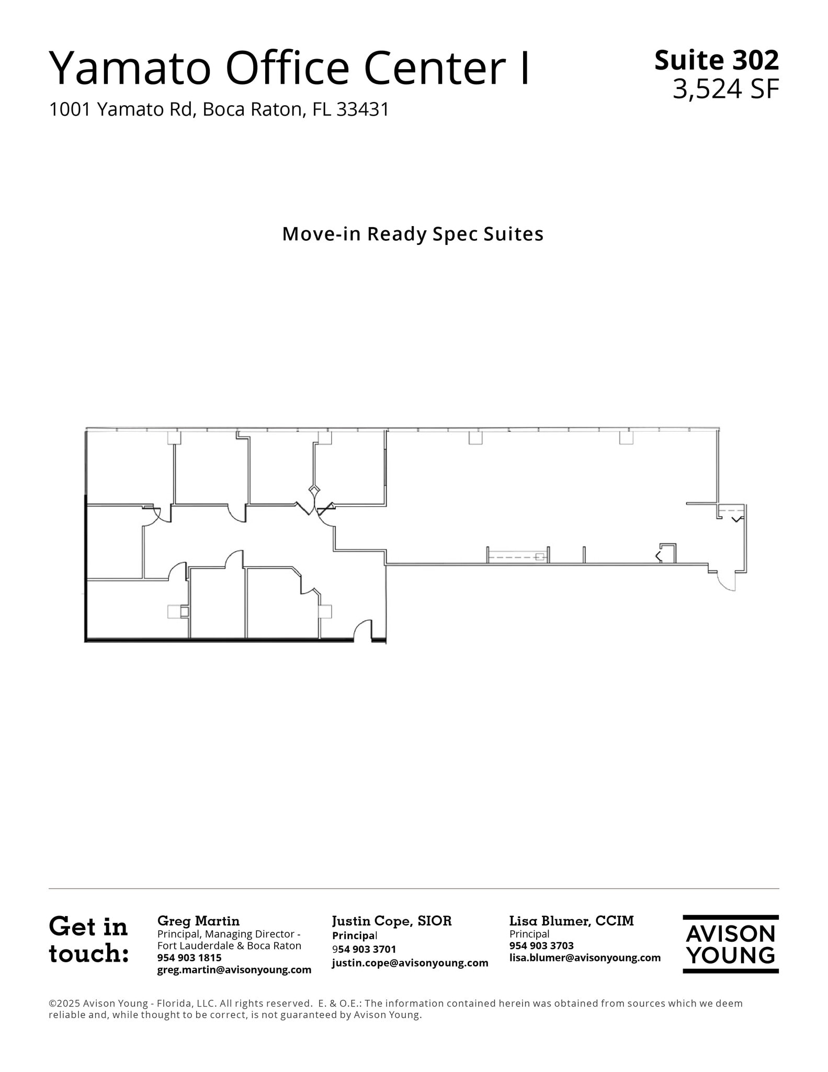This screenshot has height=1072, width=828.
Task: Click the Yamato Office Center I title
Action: coord(289,68)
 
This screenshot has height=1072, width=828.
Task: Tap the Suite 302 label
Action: coord(717,60)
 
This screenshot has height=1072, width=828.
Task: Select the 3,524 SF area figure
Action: coord(725,89)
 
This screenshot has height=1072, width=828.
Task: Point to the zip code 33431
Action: coord(363,109)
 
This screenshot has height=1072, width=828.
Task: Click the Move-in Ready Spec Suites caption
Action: coord(413,234)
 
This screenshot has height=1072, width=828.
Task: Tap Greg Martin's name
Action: coord(198,921)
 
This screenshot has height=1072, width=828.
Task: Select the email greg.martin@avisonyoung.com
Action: coord(234,969)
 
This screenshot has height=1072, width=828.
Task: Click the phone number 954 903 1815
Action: coord(189,957)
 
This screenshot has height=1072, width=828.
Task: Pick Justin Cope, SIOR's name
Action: coord(392,921)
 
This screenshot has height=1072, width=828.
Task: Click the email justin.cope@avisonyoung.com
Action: coord(410,963)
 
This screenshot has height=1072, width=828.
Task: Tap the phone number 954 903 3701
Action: coord(364,949)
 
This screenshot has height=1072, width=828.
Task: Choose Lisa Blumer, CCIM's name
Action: coord(572,921)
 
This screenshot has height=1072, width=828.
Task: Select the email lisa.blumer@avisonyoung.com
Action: coord(585,957)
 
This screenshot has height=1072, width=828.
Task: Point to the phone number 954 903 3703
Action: coord(541,945)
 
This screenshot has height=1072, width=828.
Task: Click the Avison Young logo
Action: coord(731,944)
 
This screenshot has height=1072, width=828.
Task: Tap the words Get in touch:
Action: coord(88,940)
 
